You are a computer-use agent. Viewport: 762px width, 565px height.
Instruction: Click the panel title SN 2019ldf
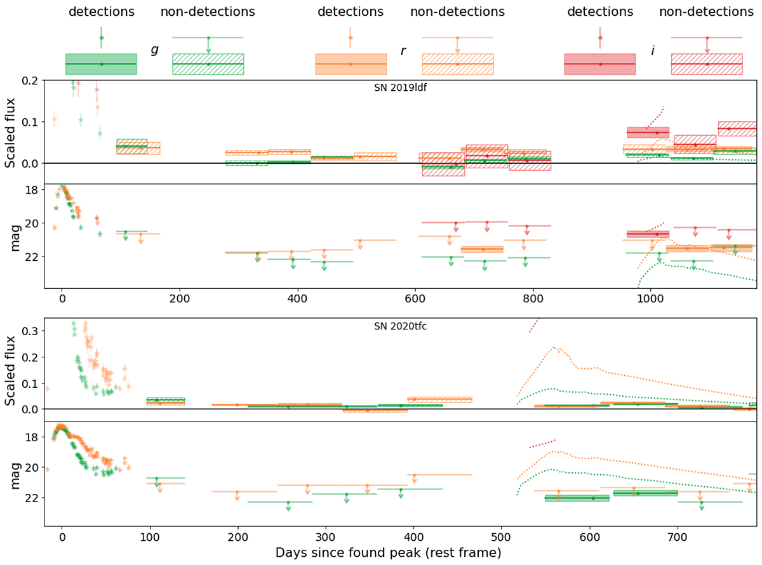tap(400, 88)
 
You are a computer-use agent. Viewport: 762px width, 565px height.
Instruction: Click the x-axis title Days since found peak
tap(389, 553)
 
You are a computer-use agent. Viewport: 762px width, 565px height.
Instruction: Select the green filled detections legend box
tap(101, 64)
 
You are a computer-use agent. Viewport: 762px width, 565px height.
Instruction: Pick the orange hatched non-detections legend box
tap(457, 64)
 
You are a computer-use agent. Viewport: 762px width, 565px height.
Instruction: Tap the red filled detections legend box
tap(599, 64)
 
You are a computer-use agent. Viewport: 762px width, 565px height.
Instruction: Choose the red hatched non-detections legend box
tap(707, 64)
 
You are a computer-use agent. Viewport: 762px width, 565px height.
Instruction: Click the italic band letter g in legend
tap(154, 50)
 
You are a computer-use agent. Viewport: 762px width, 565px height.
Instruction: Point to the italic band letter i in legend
tap(653, 50)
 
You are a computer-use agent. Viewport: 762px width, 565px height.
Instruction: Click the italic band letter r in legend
tap(403, 50)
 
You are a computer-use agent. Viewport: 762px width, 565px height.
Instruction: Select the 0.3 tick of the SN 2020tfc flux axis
tap(30, 331)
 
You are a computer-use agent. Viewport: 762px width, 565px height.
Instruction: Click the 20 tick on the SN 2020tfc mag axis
tap(32, 468)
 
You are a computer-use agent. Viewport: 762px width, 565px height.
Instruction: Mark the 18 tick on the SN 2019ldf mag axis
tap(32, 190)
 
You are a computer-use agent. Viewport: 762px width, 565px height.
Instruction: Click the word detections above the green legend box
tap(101, 12)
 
